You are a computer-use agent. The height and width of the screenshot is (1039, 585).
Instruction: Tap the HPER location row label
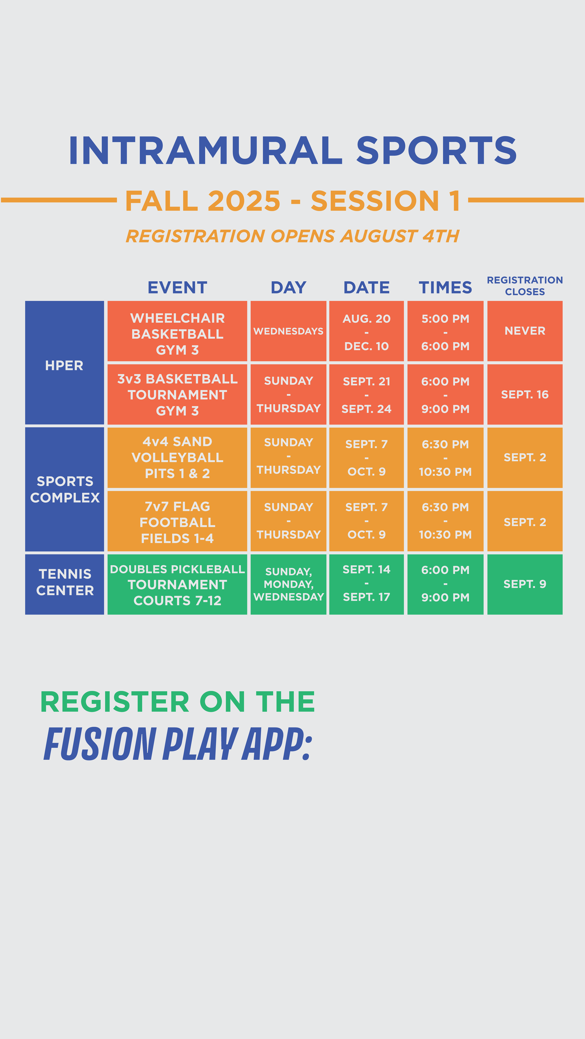pos(64,365)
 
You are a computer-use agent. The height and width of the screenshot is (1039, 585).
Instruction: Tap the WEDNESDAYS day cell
pos(288,331)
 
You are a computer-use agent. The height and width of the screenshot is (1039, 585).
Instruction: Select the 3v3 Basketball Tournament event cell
pos(177,394)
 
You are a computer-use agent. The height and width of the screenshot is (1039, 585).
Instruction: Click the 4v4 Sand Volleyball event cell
pos(177,457)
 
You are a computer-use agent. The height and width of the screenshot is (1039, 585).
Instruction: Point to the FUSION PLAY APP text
pos(178,744)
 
